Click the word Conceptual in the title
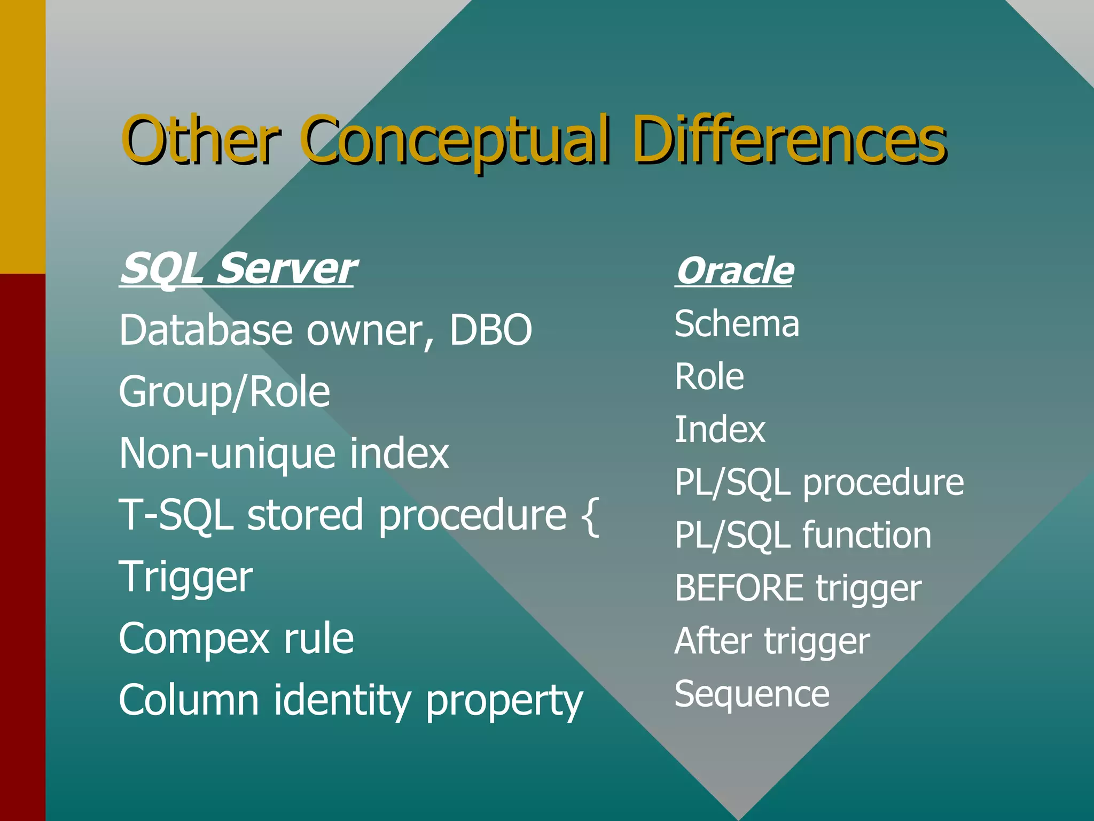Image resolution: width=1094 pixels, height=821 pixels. [x=457, y=140]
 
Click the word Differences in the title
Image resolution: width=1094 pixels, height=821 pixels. [x=790, y=140]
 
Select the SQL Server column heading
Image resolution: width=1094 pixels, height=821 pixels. [x=237, y=268]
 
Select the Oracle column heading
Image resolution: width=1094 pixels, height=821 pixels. [x=734, y=271]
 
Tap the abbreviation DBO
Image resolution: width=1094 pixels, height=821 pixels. [x=490, y=330]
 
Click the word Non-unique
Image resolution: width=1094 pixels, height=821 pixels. [x=226, y=454]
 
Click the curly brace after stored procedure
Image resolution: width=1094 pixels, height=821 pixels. [x=589, y=516]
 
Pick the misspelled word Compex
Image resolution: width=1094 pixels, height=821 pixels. [x=193, y=639]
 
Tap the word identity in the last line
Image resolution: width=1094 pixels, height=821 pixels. [x=342, y=700]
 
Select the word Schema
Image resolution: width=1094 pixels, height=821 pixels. [x=737, y=324]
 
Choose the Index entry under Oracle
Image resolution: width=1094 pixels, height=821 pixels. [x=720, y=430]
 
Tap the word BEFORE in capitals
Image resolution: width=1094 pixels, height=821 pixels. [x=739, y=588]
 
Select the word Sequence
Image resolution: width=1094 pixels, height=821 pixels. [x=752, y=694]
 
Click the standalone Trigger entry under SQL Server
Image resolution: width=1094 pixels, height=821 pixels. [x=185, y=578]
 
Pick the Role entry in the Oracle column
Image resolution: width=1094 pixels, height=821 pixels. [x=709, y=377]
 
